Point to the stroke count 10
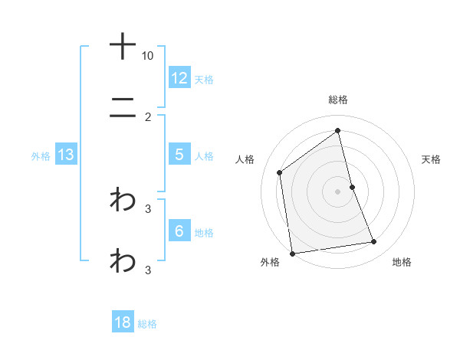click(148, 56)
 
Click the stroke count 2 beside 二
click(148, 117)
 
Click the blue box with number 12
click(179, 78)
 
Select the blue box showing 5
click(179, 155)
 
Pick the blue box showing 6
click(179, 231)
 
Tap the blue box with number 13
click(66, 155)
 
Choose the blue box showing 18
click(123, 322)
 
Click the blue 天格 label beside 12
click(204, 79)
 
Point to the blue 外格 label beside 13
click(41, 155)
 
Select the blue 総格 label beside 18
click(147, 323)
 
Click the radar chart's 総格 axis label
click(338, 100)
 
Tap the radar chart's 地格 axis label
click(402, 262)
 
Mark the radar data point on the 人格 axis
click(280, 172)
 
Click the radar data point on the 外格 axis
click(292, 253)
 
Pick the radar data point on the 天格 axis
click(352, 187)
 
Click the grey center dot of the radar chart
click(338, 191)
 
